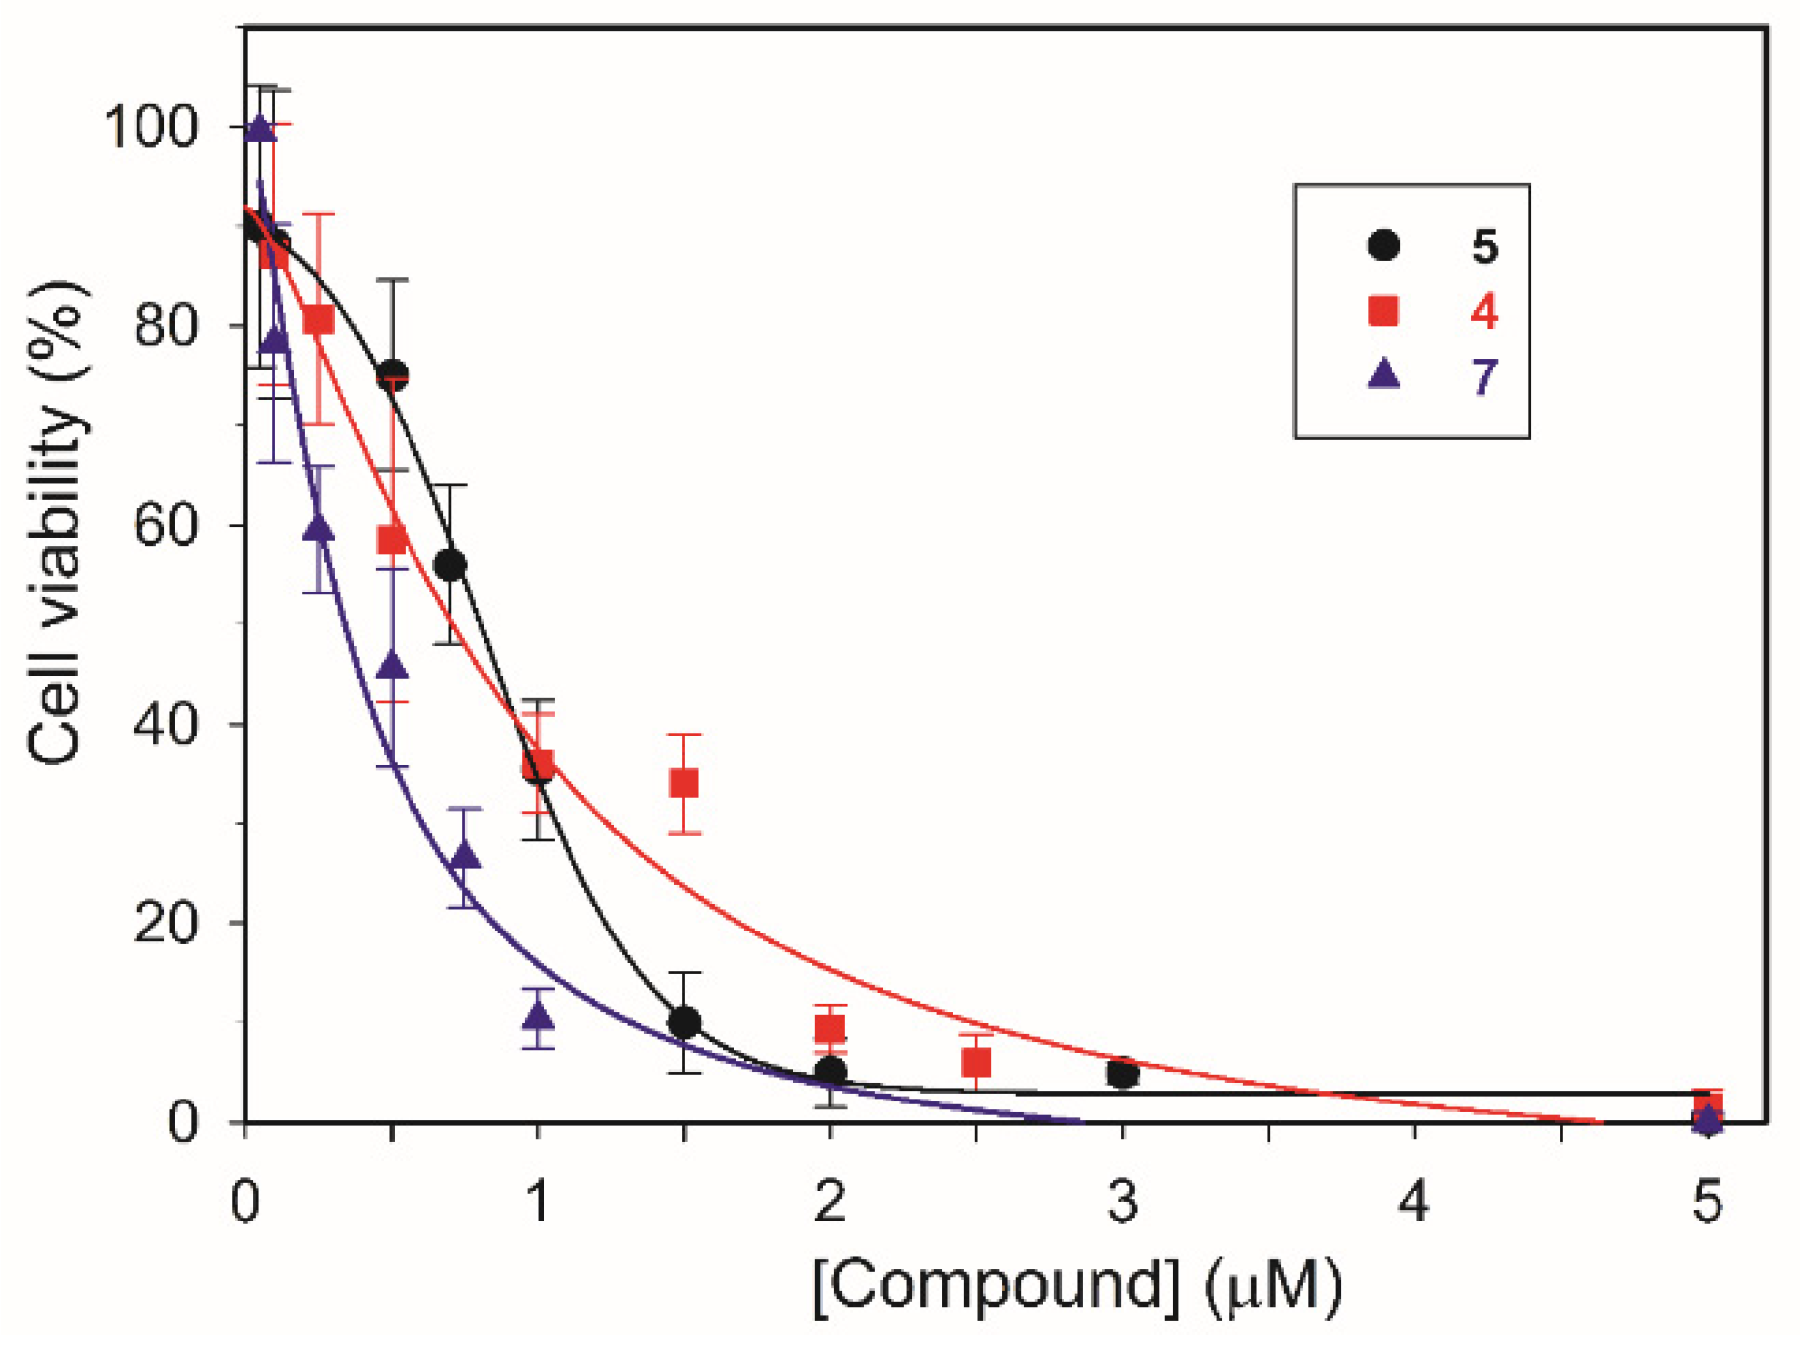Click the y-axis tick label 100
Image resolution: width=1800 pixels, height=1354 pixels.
pyautogui.click(x=150, y=128)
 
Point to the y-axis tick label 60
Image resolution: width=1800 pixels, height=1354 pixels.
pyautogui.click(x=166, y=525)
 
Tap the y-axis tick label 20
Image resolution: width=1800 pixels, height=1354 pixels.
pyautogui.click(x=166, y=924)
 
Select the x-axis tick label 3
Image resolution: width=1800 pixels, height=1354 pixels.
pyautogui.click(x=1122, y=1201)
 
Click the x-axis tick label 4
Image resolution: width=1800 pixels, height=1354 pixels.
pyautogui.click(x=1414, y=1201)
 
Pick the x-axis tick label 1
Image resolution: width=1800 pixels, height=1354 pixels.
pyautogui.click(x=538, y=1201)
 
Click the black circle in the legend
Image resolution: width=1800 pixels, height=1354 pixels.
pyautogui.click(x=1384, y=246)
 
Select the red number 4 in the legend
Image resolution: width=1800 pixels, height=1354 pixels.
pyautogui.click(x=1484, y=312)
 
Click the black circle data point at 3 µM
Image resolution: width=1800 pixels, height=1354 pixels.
pyautogui.click(x=1122, y=1074)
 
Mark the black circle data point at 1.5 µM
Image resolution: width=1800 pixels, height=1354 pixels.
pyautogui.click(x=684, y=1022)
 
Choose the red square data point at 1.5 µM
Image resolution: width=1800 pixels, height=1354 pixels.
pyautogui.click(x=683, y=783)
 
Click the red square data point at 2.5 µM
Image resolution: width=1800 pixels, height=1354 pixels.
pyautogui.click(x=976, y=1063)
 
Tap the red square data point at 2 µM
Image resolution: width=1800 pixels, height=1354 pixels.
pyautogui.click(x=830, y=1028)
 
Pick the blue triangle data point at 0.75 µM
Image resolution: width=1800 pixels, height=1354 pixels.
pyautogui.click(x=465, y=856)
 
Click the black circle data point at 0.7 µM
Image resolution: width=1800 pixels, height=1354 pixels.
pyautogui.click(x=450, y=565)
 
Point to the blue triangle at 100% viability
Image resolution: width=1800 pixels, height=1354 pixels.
pyautogui.click(x=260, y=129)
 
